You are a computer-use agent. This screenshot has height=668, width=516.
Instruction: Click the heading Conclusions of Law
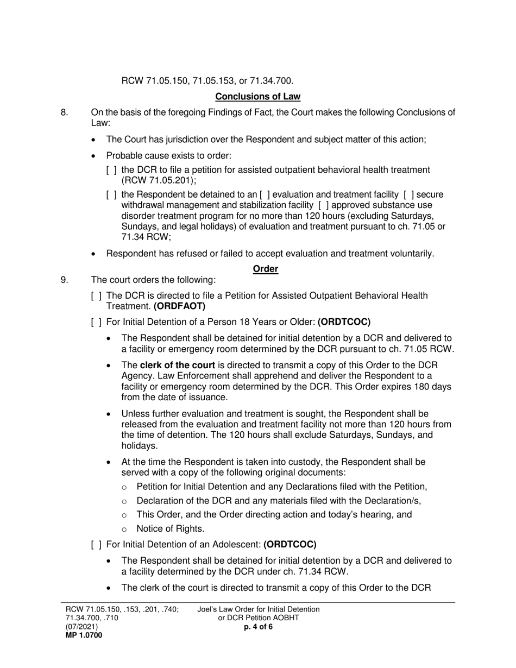pos(257,97)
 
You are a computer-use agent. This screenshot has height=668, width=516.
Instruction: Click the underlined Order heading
pos(266,269)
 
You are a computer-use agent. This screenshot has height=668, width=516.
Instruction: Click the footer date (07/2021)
pos(82,627)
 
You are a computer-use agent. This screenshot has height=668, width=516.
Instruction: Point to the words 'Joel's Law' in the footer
pos(214,609)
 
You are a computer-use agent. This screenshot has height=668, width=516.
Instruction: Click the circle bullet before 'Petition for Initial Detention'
pos(125,487)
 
